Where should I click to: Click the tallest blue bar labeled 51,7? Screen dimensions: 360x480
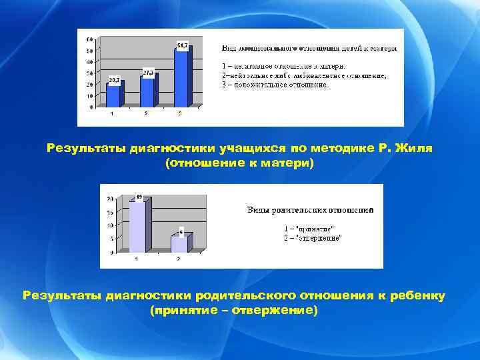click(x=181, y=77)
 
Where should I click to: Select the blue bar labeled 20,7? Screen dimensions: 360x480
click(x=113, y=95)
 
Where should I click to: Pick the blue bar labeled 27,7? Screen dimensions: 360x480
click(x=147, y=91)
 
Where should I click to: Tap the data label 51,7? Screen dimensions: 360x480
click(x=181, y=45)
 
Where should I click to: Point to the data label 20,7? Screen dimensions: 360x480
click(x=113, y=80)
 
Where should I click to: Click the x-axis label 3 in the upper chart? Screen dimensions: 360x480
click(x=180, y=114)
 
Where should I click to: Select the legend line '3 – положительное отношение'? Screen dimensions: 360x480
click(x=275, y=85)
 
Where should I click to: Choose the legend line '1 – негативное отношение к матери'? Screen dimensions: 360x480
click(x=283, y=66)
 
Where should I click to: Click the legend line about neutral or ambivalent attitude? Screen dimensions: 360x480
click(x=303, y=75)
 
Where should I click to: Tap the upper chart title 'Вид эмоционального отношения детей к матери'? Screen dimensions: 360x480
click(x=308, y=48)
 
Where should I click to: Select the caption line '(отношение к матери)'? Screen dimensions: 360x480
click(x=239, y=163)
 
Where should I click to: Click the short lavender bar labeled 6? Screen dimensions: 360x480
click(x=179, y=243)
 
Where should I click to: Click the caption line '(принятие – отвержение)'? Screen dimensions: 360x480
click(x=234, y=311)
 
